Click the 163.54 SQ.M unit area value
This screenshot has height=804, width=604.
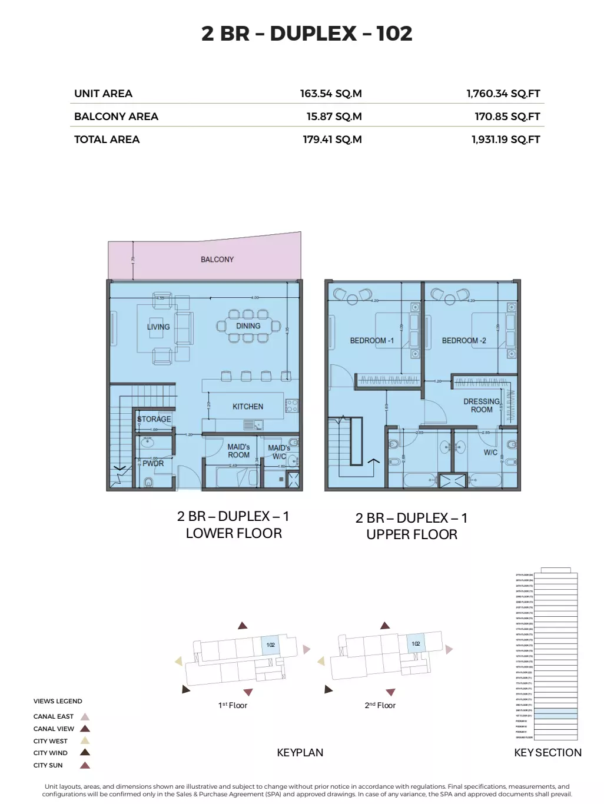point(330,94)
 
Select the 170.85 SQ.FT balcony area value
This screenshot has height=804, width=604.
point(507,117)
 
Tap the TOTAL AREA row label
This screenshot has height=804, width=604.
point(107,139)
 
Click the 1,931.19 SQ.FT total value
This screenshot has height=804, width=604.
point(505,139)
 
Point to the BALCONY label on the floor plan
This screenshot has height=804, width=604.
point(217,260)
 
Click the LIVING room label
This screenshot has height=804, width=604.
point(158,327)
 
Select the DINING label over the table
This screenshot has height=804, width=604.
point(248,326)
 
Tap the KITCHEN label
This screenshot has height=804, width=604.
point(247,407)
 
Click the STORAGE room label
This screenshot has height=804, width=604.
point(154,419)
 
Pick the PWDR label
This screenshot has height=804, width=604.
point(153,464)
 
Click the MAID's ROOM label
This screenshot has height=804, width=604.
point(238,451)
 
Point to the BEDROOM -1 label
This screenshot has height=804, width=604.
point(371,341)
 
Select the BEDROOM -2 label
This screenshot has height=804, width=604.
point(464,341)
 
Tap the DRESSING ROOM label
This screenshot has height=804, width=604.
point(482,406)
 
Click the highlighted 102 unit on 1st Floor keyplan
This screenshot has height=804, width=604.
point(270,645)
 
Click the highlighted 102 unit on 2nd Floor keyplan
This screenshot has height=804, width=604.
point(416,643)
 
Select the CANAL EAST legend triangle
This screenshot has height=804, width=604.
point(85,717)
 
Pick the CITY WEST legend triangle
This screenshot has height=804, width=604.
point(85,741)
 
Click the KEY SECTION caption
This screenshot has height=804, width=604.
point(547,753)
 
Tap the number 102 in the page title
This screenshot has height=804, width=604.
point(394,34)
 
